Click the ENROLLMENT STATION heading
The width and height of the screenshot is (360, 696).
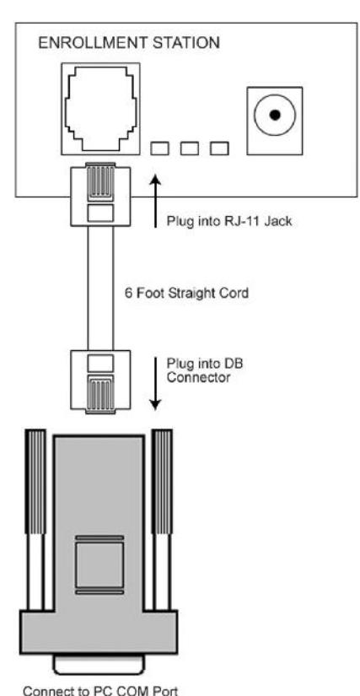[129, 43]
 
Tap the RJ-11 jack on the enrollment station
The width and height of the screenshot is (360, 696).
[100, 109]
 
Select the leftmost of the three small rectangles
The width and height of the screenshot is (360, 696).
[159, 148]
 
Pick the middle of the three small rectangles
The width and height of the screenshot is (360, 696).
[190, 148]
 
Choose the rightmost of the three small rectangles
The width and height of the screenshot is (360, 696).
[219, 148]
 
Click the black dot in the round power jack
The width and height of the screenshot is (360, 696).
[275, 115]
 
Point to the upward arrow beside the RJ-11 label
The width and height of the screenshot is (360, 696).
[155, 202]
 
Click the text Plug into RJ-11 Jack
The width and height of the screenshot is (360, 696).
[229, 220]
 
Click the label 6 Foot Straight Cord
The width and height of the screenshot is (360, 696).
[186, 293]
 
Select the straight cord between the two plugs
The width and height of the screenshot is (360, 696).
[100, 288]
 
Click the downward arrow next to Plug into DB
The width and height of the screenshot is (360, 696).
[155, 383]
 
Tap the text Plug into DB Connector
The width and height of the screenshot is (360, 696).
[205, 370]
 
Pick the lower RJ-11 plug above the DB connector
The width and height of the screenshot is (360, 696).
[100, 381]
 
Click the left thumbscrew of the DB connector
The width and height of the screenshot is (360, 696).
[36, 520]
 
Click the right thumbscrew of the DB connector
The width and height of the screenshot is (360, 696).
[162, 520]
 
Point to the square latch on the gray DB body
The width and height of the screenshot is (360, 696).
[99, 564]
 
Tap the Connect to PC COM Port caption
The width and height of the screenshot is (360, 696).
[100, 690]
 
